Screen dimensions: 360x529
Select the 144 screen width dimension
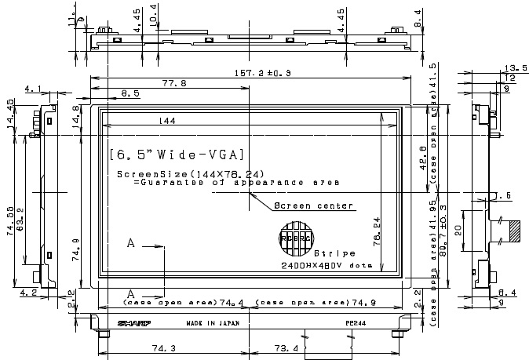click(x=166, y=120)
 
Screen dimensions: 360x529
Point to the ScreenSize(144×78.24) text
click(x=190, y=173)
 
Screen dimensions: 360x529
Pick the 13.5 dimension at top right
click(x=516, y=67)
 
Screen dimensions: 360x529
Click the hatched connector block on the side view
click(x=515, y=231)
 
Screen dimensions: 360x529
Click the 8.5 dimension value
click(x=131, y=93)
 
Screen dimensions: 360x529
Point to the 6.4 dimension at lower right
click(x=506, y=293)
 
